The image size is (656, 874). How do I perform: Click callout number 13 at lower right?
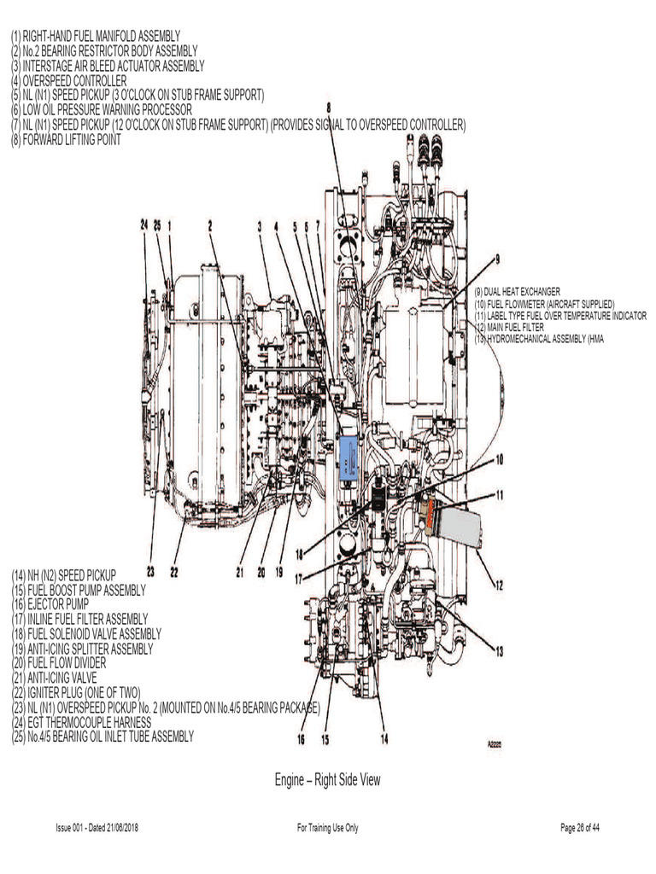(499, 652)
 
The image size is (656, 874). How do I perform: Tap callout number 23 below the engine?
(151, 573)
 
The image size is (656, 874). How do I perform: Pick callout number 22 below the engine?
(174, 573)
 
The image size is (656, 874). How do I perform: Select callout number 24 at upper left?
(145, 224)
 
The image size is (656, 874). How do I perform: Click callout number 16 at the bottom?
(302, 739)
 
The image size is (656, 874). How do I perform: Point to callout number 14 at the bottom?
(384, 739)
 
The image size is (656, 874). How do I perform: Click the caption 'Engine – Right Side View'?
(327, 779)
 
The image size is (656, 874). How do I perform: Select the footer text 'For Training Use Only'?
(327, 828)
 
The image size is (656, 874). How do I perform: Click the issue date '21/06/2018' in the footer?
(118, 828)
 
